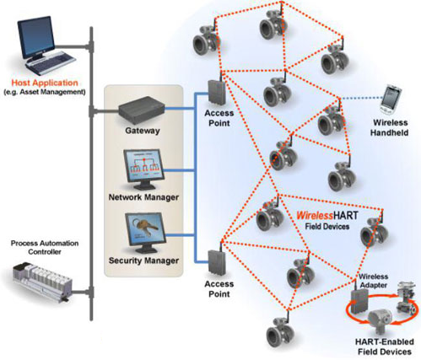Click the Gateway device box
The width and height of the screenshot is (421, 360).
tap(141, 110)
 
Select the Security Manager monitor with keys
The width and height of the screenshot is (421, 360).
tap(145, 231)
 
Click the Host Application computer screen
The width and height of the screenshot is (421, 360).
tap(36, 37)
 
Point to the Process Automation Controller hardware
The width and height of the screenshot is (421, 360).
tap(42, 282)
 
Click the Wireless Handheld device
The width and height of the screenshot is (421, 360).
tap(391, 99)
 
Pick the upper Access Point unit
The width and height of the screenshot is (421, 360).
tap(217, 92)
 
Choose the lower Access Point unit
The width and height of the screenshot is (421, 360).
tap(217, 262)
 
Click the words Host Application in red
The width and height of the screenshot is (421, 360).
tap(45, 83)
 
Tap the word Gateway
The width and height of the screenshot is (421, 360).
tap(143, 131)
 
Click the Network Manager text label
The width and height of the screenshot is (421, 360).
tap(143, 197)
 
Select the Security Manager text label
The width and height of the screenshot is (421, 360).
tap(143, 261)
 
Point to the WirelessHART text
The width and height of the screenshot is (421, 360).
tap(327, 216)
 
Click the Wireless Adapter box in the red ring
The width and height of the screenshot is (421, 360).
tap(359, 301)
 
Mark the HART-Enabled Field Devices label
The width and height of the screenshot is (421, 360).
tap(385, 347)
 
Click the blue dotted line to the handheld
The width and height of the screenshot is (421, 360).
tap(361, 98)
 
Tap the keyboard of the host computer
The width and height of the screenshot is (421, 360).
tap(51, 62)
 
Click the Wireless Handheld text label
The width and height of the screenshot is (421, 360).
tap(390, 127)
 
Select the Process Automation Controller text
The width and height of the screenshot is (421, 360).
tap(45, 248)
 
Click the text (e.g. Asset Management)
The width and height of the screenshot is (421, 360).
tap(45, 92)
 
